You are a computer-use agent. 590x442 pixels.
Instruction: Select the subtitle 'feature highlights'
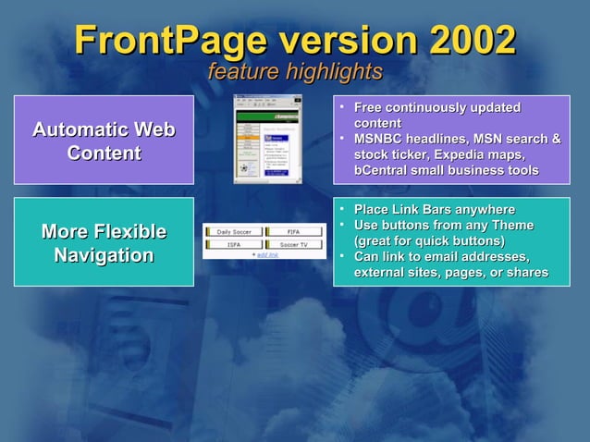(x=294, y=71)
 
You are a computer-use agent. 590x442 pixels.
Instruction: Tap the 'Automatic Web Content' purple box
(x=104, y=141)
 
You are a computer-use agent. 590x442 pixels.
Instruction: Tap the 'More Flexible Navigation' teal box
(x=104, y=242)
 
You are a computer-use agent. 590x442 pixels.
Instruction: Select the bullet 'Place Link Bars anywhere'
(x=435, y=210)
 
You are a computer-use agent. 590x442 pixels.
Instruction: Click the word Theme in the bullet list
(x=513, y=225)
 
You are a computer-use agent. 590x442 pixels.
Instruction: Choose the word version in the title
(x=350, y=40)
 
